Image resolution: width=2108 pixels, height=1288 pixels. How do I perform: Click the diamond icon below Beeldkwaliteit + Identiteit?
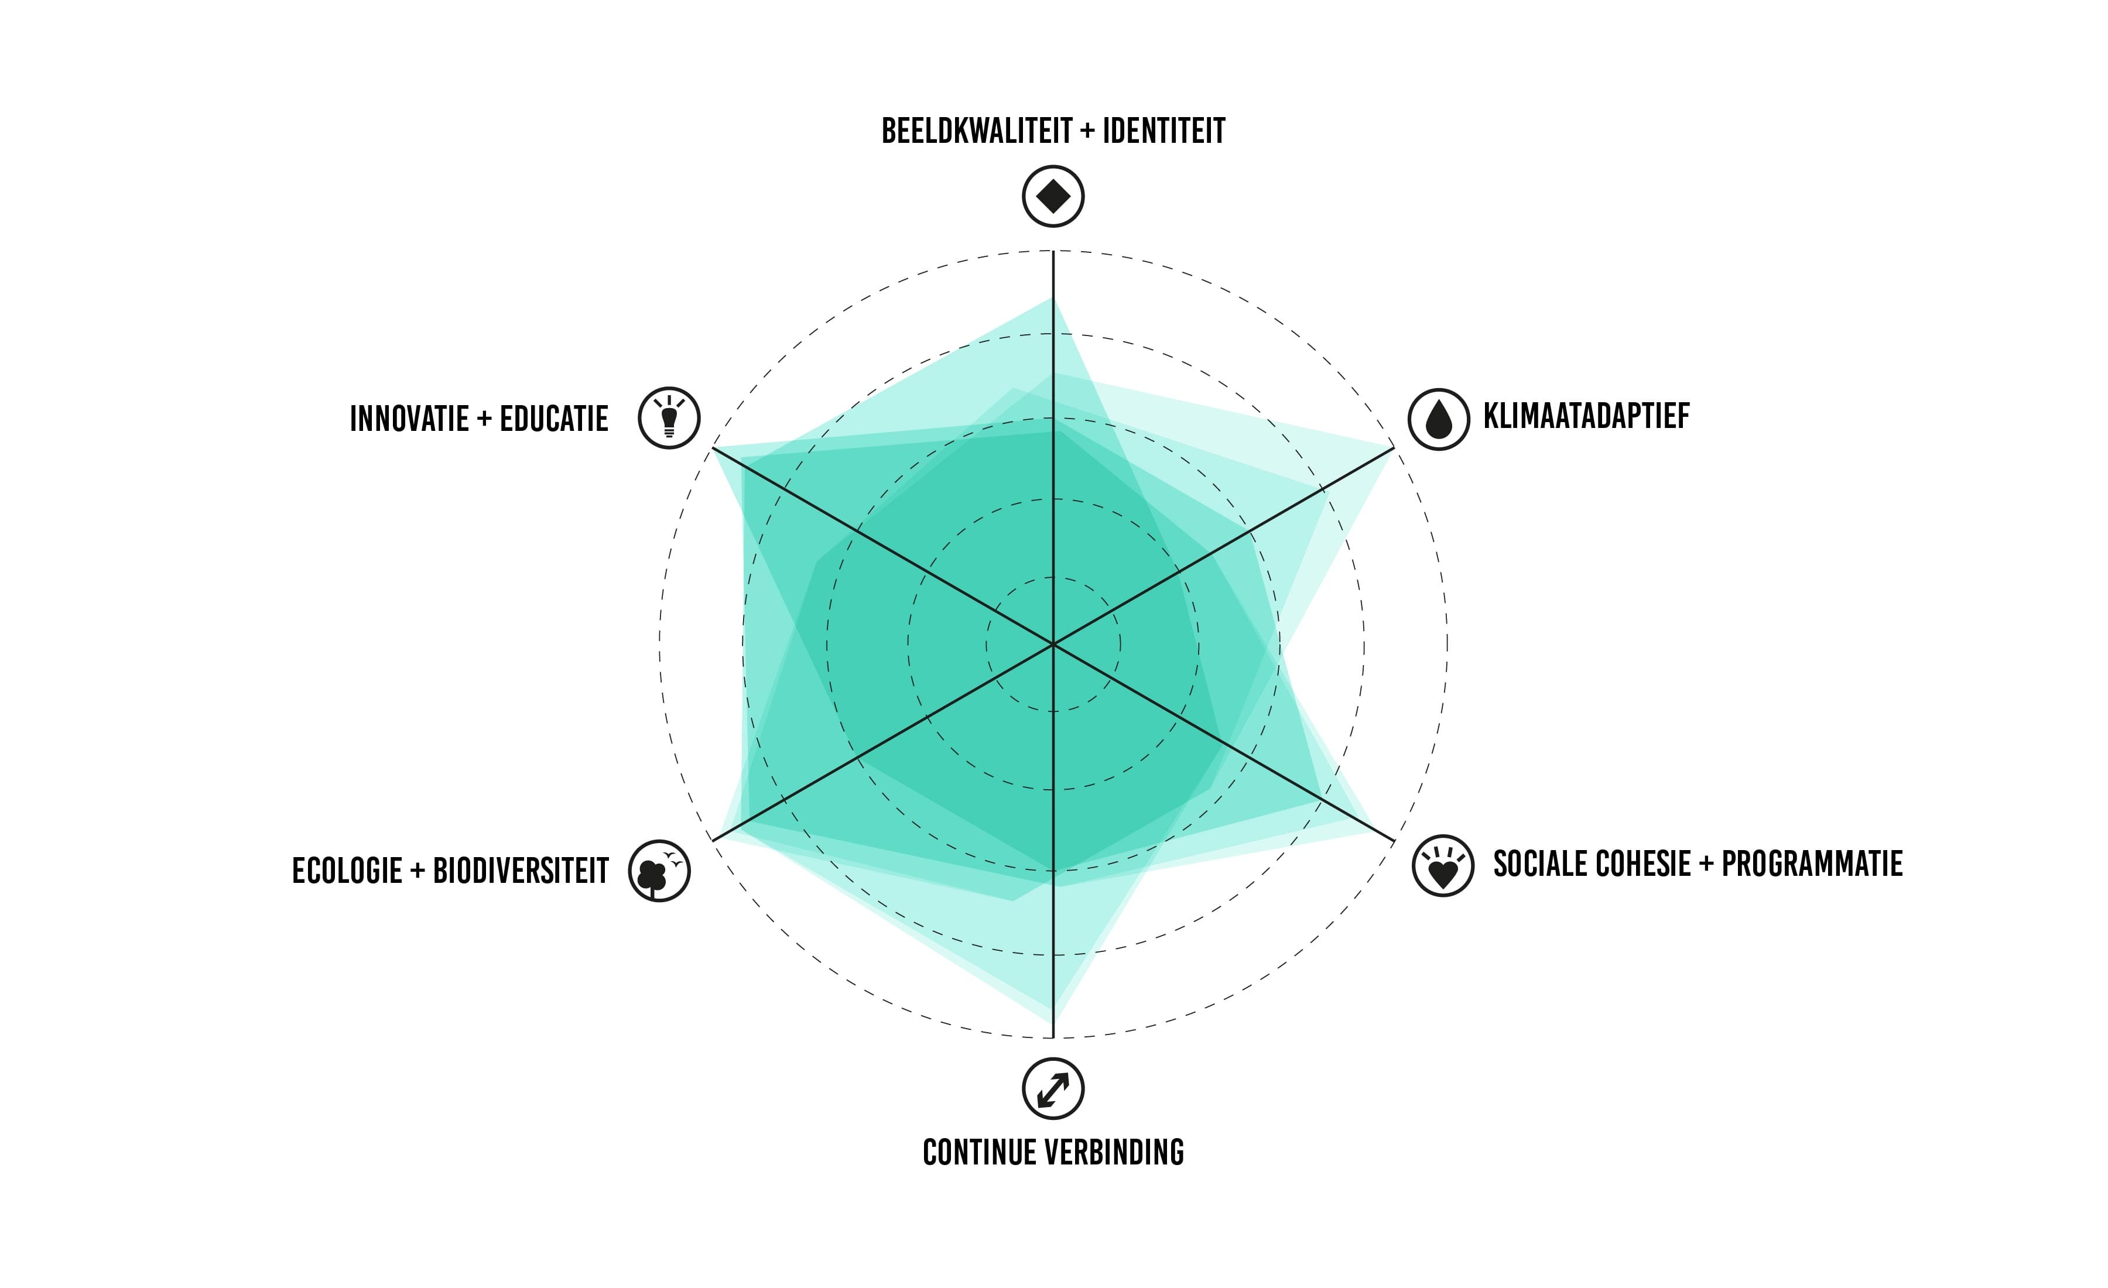(1053, 196)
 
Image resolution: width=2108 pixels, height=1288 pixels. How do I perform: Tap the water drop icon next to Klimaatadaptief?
(1439, 419)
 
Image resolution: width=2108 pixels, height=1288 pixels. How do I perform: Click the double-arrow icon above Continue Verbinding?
(1053, 1089)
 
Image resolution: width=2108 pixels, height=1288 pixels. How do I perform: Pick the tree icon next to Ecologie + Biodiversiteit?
(659, 871)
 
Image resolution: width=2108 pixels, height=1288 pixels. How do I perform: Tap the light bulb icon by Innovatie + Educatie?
(669, 418)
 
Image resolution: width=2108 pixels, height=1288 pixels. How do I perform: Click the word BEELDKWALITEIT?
(976, 131)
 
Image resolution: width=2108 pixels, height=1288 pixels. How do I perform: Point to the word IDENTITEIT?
(1163, 131)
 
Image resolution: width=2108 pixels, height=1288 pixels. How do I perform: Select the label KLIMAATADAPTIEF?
(1586, 416)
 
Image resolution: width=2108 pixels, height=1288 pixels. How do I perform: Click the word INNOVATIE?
(410, 419)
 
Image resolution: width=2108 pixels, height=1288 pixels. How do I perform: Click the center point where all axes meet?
(1053, 644)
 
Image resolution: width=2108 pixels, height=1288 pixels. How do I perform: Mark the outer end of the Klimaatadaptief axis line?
(1394, 447)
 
